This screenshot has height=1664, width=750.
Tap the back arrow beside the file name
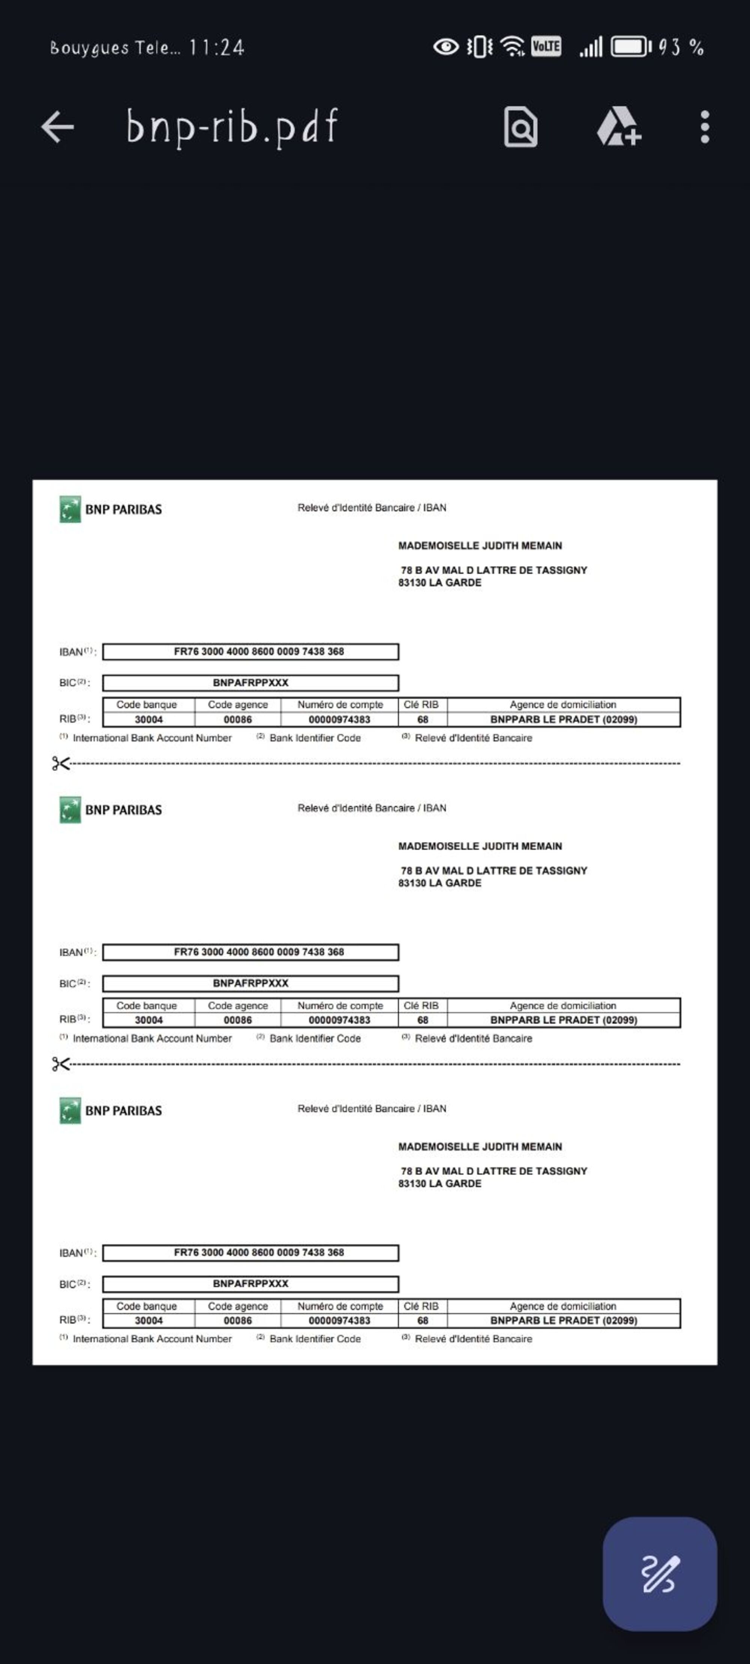[x=57, y=127]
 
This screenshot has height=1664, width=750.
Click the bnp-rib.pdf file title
[x=231, y=127]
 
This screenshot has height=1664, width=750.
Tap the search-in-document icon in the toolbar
[x=520, y=127]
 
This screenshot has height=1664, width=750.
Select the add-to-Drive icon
[x=618, y=127]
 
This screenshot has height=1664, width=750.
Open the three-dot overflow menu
[x=705, y=127]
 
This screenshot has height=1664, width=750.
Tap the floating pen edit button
[x=659, y=1574]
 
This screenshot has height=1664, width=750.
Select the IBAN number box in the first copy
[x=250, y=651]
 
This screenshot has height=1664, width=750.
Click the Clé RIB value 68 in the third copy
[x=423, y=1320]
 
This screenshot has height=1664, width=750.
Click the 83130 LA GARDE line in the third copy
[x=440, y=1183]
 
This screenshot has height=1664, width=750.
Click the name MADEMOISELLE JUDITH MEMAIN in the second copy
[x=480, y=846]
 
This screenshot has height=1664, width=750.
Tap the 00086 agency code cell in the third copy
[x=238, y=1320]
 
